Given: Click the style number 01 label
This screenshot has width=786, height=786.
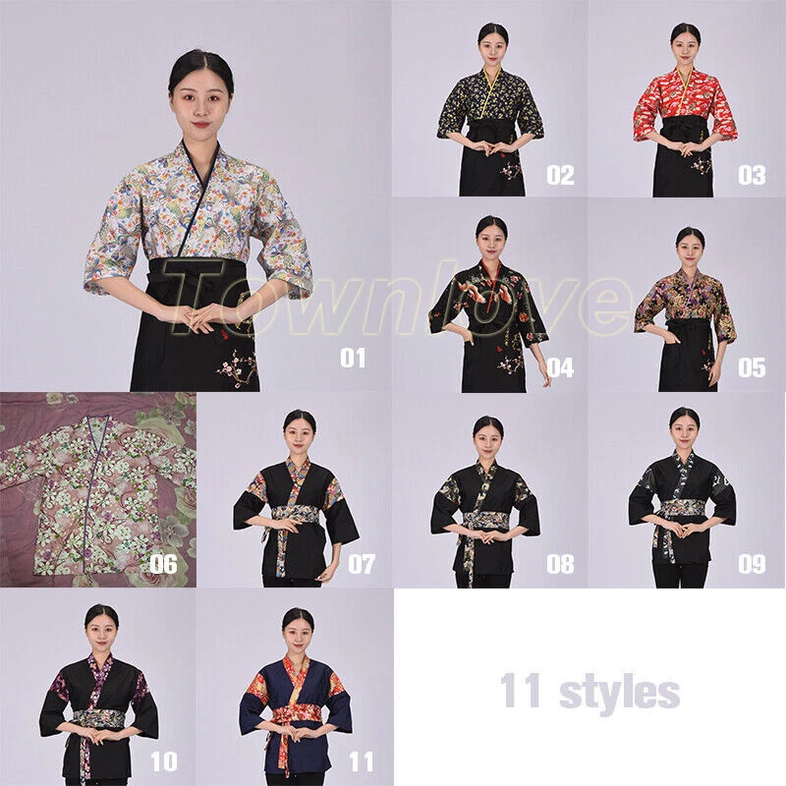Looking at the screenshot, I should tap(353, 358).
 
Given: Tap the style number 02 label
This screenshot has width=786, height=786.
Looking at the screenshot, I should tap(559, 176).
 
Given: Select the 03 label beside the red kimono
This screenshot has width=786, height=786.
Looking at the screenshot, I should tap(752, 176).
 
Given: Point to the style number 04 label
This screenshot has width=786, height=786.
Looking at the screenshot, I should tap(560, 368).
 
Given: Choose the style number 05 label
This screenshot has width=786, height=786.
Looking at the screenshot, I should tap(752, 368).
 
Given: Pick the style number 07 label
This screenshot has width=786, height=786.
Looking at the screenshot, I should tap(362, 564).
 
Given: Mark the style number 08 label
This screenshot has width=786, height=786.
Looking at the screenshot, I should tap(560, 564).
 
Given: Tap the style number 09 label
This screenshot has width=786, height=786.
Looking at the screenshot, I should tap(752, 564).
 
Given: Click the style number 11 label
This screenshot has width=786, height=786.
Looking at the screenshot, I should tap(362, 759).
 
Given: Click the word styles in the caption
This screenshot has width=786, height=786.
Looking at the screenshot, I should tap(620, 692).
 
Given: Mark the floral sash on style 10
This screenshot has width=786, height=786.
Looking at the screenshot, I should tap(99, 718).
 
